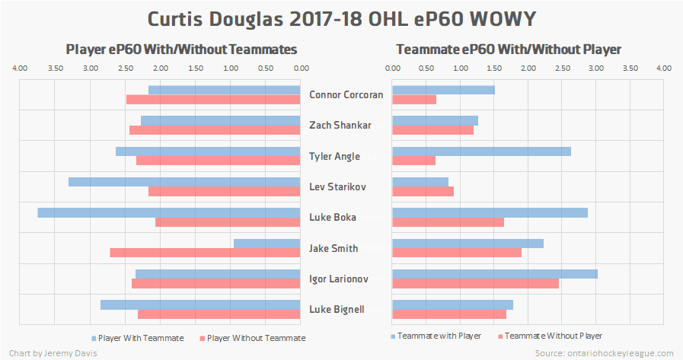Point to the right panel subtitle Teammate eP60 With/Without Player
click(509, 49)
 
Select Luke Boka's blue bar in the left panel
click(169, 212)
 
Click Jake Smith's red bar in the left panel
click(205, 253)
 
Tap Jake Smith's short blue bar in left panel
click(267, 244)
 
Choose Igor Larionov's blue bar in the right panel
click(495, 274)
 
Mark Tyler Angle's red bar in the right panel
click(414, 161)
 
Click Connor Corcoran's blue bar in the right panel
click(443, 90)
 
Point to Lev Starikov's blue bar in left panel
click(184, 182)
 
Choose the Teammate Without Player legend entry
click(554, 336)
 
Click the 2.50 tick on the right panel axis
click(562, 68)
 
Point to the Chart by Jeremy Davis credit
click(53, 353)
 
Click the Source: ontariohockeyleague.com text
click(604, 353)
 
